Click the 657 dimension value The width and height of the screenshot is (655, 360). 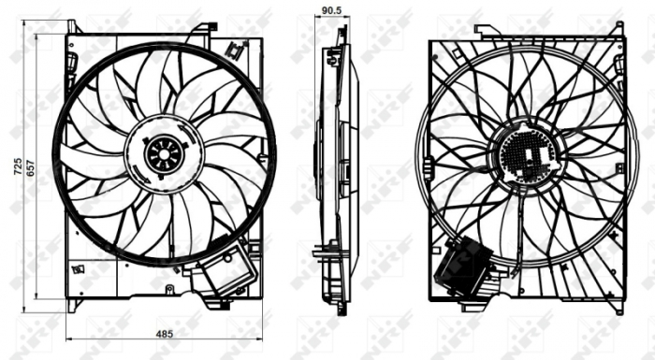click(x=32, y=167)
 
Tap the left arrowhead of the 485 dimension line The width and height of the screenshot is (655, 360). click(x=70, y=339)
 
